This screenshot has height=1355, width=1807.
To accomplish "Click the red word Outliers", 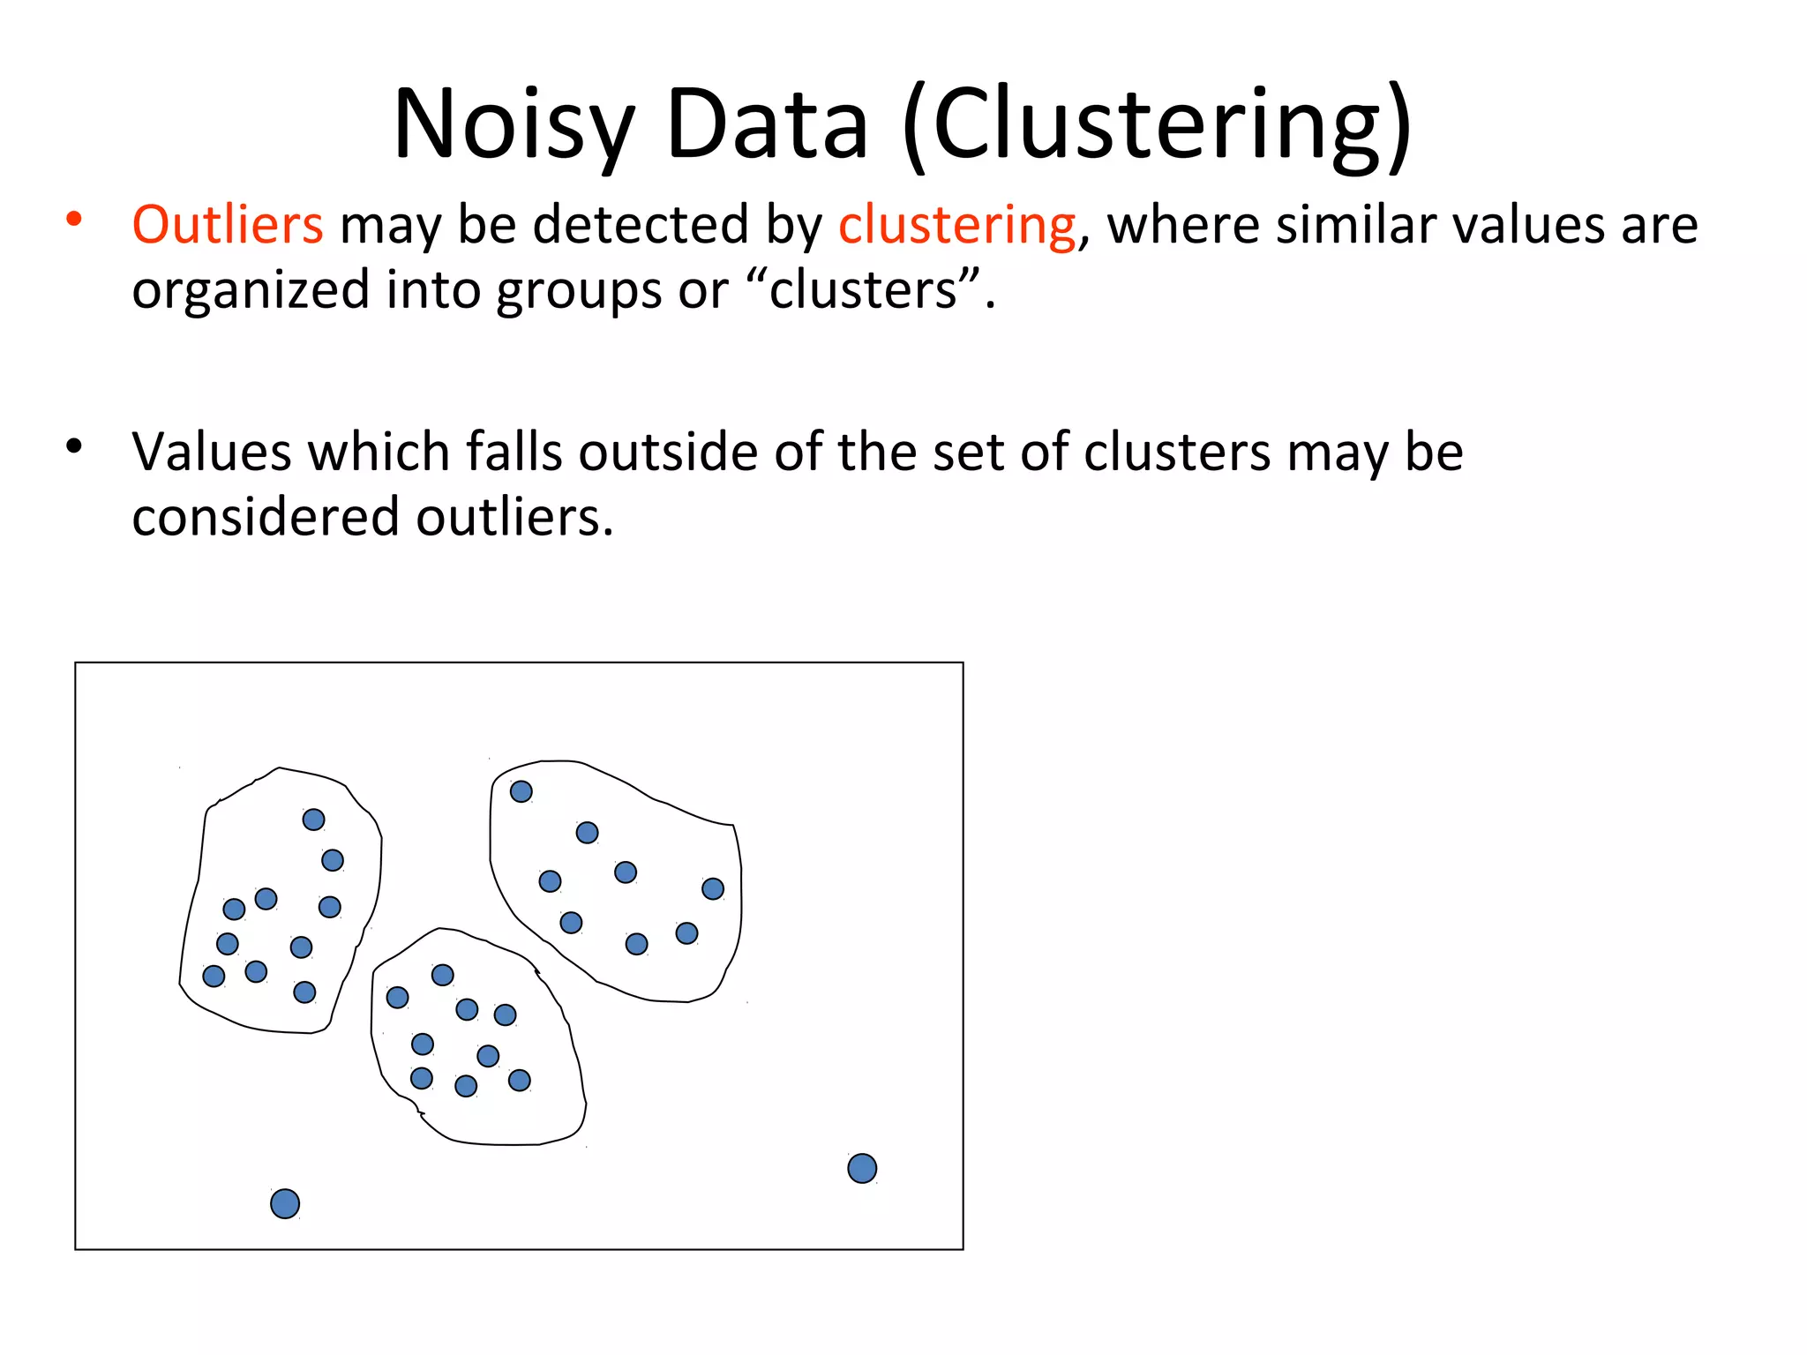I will coord(228,224).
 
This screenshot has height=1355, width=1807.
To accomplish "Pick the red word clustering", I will coord(957,226).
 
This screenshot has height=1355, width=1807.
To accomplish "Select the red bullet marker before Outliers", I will coord(74,218).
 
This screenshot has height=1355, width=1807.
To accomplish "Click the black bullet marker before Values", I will coord(74,445).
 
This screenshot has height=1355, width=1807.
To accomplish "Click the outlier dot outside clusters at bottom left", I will coord(285,1203).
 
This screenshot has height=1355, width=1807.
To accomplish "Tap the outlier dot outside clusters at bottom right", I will coord(862,1169).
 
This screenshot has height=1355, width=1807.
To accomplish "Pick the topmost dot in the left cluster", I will coord(313,820).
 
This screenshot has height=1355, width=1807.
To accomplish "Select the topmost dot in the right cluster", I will coord(521,791).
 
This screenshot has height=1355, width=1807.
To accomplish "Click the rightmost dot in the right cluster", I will coord(713,888).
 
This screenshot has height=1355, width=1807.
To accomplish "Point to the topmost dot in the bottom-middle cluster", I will coord(443,975).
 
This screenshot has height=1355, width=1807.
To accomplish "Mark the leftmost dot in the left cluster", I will coord(214,976).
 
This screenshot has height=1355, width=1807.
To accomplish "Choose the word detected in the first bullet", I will coord(641,224).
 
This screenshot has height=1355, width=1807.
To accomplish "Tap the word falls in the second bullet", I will coord(514,452).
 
